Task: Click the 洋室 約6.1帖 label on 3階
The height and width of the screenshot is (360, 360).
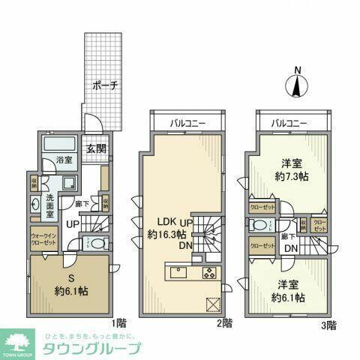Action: pos(291,291)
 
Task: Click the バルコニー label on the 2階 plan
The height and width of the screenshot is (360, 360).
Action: pos(187,120)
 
